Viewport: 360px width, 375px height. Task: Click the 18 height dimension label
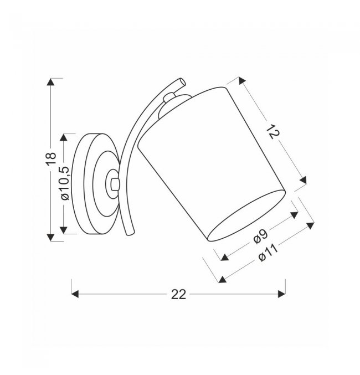(x=51, y=158)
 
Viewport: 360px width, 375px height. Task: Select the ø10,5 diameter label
(x=65, y=183)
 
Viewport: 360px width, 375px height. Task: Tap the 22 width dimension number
(x=178, y=295)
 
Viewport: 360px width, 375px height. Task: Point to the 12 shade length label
(x=272, y=132)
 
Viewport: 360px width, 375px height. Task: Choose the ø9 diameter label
(x=261, y=237)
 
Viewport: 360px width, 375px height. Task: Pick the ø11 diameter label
(x=269, y=253)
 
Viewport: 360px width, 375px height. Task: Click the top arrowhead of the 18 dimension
(x=50, y=82)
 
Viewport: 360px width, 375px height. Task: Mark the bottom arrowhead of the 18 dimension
(x=50, y=237)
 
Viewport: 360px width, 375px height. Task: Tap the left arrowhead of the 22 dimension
(x=75, y=294)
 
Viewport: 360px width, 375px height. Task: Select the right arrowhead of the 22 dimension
(x=281, y=294)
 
